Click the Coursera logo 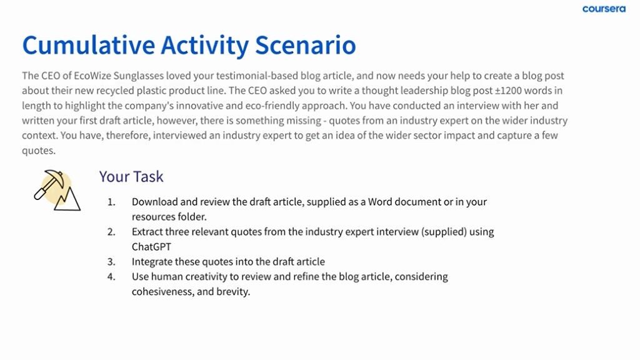(x=604, y=9)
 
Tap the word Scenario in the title (x=305, y=45)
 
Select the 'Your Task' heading (x=131, y=176)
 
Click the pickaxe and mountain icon (x=57, y=190)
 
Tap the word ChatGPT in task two (x=151, y=246)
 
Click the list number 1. (x=111, y=202)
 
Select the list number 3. (x=111, y=262)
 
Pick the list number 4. (x=111, y=277)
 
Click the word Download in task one (x=155, y=202)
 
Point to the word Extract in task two (x=147, y=232)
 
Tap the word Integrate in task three (x=152, y=262)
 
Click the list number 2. (x=111, y=232)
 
